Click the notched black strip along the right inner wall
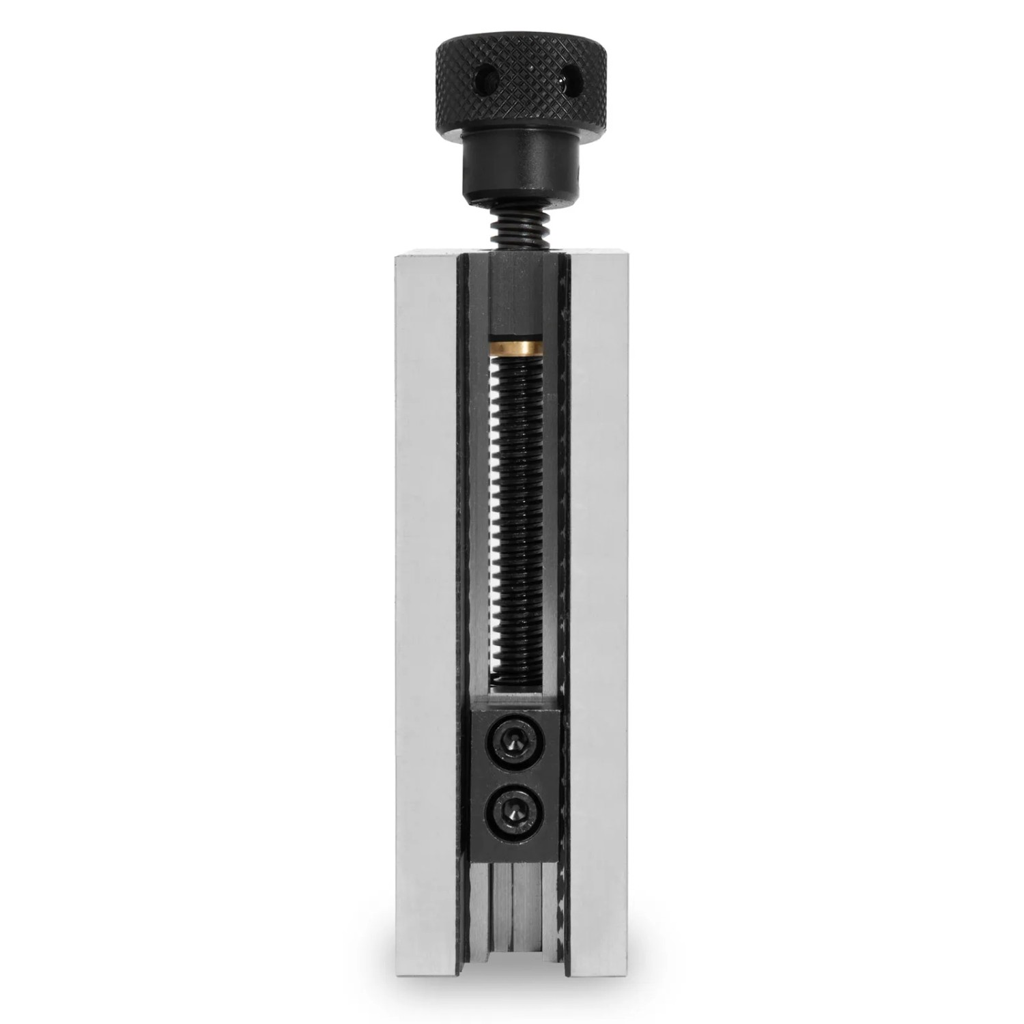click(x=564, y=546)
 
